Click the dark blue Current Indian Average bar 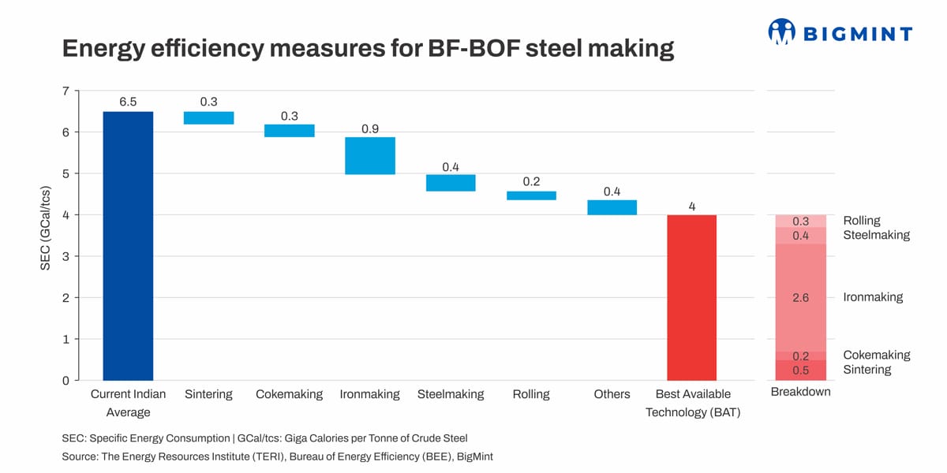pos(128,246)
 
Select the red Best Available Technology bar pos(691,297)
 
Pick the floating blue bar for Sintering pos(208,117)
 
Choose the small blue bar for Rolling pos(531,196)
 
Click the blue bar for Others pos(612,207)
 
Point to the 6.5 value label pos(128,102)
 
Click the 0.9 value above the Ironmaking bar pos(369,128)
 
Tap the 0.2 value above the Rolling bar pos(531,181)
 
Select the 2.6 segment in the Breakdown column pos(800,297)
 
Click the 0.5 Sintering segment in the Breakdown pos(800,370)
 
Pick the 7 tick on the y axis pos(66,91)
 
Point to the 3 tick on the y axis pos(66,256)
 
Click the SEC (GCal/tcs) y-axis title pos(45,235)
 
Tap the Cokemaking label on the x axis pos(289,394)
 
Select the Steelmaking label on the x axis pos(450,394)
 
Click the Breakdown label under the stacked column pos(800,392)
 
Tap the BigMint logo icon pos(781,32)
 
